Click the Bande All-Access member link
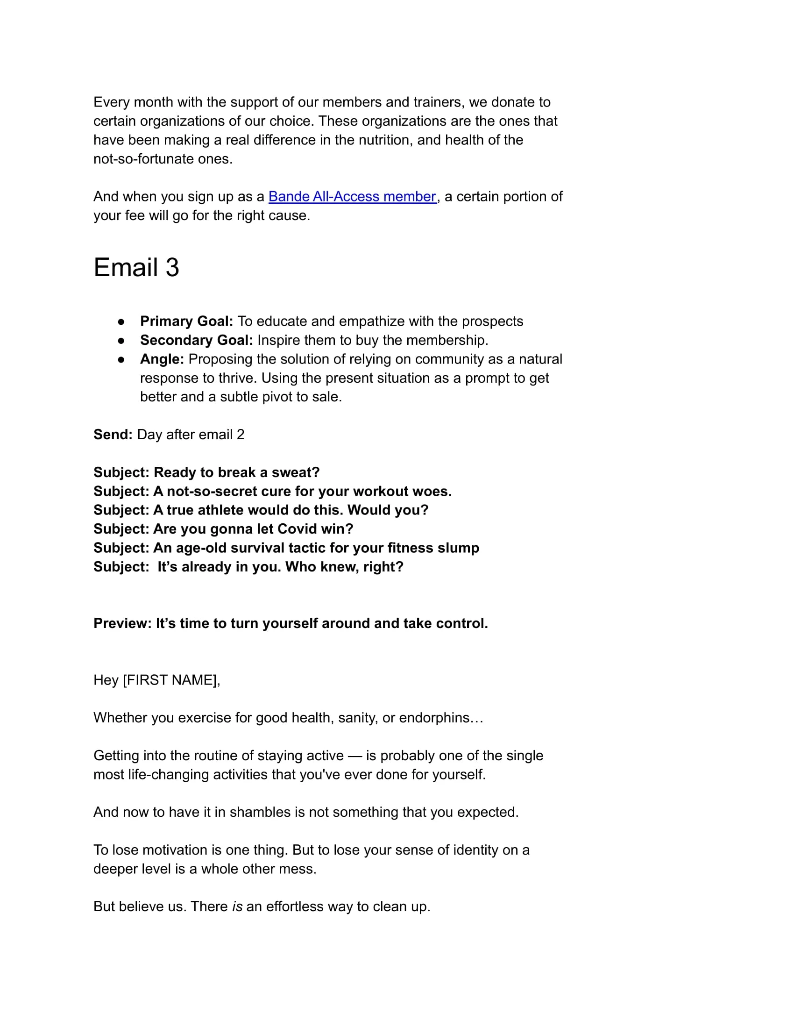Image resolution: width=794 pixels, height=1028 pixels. click(352, 196)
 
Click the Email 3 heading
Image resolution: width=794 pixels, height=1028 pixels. click(136, 267)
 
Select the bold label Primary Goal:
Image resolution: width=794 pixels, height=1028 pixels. click(187, 321)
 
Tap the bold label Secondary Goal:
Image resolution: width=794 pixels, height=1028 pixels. click(197, 340)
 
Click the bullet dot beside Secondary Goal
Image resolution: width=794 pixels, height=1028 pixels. click(121, 340)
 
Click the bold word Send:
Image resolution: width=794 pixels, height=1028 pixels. click(113, 435)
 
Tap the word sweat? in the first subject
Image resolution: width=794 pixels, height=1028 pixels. click(296, 472)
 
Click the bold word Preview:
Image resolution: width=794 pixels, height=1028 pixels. click(122, 623)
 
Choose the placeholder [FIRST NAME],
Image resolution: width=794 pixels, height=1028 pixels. click(171, 680)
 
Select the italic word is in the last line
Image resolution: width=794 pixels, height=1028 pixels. click(237, 907)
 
